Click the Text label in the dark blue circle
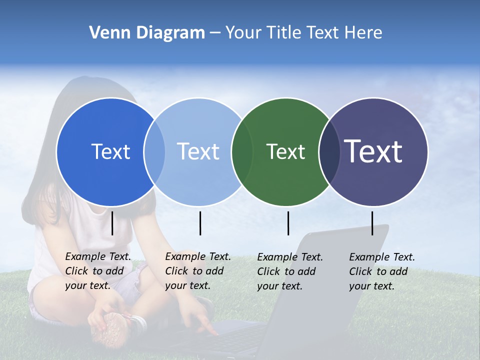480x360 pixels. coord(110,151)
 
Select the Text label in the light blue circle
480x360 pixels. coord(198,151)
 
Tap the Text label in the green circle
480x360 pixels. coord(285,151)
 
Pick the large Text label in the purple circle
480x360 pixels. coord(373,151)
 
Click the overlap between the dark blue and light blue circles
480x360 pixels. coord(154,151)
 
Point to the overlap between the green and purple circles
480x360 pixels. coord(328,151)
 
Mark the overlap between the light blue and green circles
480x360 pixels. coord(242,151)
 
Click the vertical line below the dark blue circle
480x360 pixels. coord(112,223)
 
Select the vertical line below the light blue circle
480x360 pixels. coord(200,223)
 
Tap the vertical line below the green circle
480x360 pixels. coord(288,223)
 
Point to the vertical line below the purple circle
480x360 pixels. coord(372,223)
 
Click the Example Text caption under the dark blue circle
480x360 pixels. coord(98,271)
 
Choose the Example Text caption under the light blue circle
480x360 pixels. coord(198,271)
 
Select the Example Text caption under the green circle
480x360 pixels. coord(290,271)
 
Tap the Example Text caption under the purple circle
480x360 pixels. coord(382,271)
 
